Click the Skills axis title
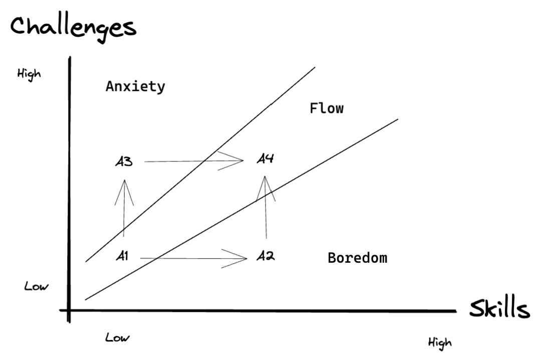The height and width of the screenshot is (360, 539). pos(499,309)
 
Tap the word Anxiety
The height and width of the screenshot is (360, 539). pos(135,86)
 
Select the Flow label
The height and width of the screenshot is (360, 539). pos(327,108)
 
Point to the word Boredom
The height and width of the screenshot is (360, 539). pos(357,258)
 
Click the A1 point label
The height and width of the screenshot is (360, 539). pos(122,256)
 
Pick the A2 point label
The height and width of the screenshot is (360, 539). pos(265,256)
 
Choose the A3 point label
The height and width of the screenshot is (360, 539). pos(123,161)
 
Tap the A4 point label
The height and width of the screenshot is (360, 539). pos(265,159)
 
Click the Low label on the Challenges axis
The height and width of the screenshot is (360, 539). pos(37,287)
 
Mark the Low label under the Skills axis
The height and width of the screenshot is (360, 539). pos(117,337)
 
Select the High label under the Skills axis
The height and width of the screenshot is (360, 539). pos(439,343)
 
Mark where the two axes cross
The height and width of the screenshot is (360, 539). pos(69,310)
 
